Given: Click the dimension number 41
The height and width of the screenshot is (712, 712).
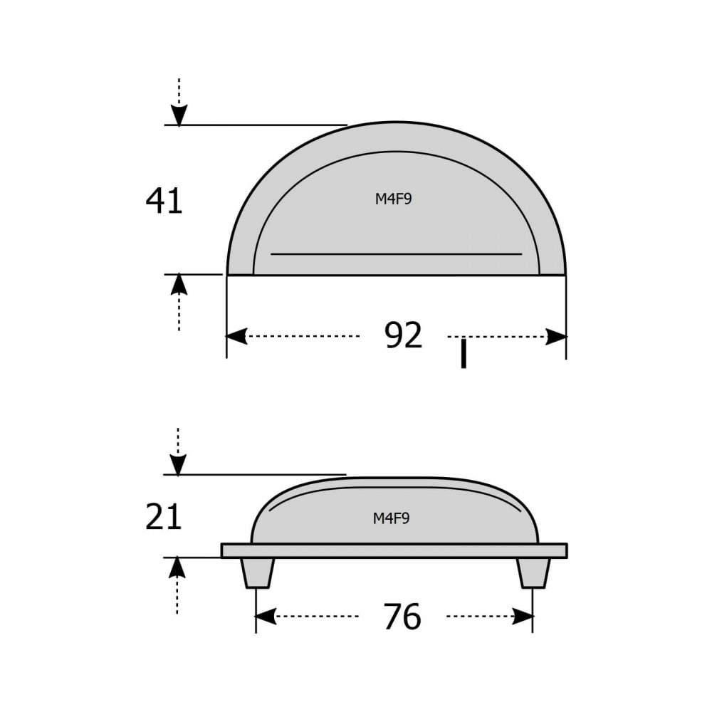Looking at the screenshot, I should (x=164, y=201).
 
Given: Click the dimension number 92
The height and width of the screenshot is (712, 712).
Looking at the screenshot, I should (x=403, y=335).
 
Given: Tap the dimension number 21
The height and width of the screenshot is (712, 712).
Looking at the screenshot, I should (x=164, y=517).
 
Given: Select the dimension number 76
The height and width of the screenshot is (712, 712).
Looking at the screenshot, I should (x=402, y=617).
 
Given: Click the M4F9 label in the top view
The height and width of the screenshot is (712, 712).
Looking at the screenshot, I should (x=393, y=199).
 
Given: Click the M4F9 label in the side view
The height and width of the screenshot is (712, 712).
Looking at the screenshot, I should (x=391, y=518).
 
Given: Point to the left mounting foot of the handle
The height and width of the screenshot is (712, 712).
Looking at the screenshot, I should (x=258, y=572).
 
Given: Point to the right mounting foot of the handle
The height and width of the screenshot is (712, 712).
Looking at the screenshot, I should (x=533, y=572).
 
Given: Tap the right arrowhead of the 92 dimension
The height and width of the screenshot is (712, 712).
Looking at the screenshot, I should (x=556, y=337).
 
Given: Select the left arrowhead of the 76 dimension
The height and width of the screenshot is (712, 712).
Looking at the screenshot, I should (x=266, y=617).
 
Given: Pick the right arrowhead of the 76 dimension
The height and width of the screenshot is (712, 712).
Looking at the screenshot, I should (x=523, y=617).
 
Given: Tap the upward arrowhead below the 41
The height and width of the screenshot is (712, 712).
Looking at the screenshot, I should (x=179, y=284).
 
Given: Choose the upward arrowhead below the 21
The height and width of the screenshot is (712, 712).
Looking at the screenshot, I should (x=178, y=567).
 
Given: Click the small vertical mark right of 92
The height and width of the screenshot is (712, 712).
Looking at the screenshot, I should (x=464, y=355).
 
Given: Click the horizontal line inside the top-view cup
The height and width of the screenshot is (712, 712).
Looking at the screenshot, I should (x=396, y=253).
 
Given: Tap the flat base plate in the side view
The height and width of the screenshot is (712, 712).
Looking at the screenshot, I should (x=394, y=550).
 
